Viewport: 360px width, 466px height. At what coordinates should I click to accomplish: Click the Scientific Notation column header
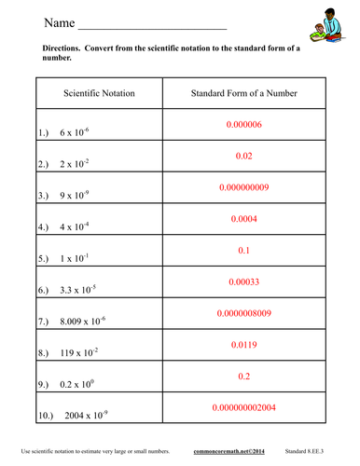pyautogui.click(x=99, y=94)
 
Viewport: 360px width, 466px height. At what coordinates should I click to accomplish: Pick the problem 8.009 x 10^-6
pyautogui.click(x=83, y=322)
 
